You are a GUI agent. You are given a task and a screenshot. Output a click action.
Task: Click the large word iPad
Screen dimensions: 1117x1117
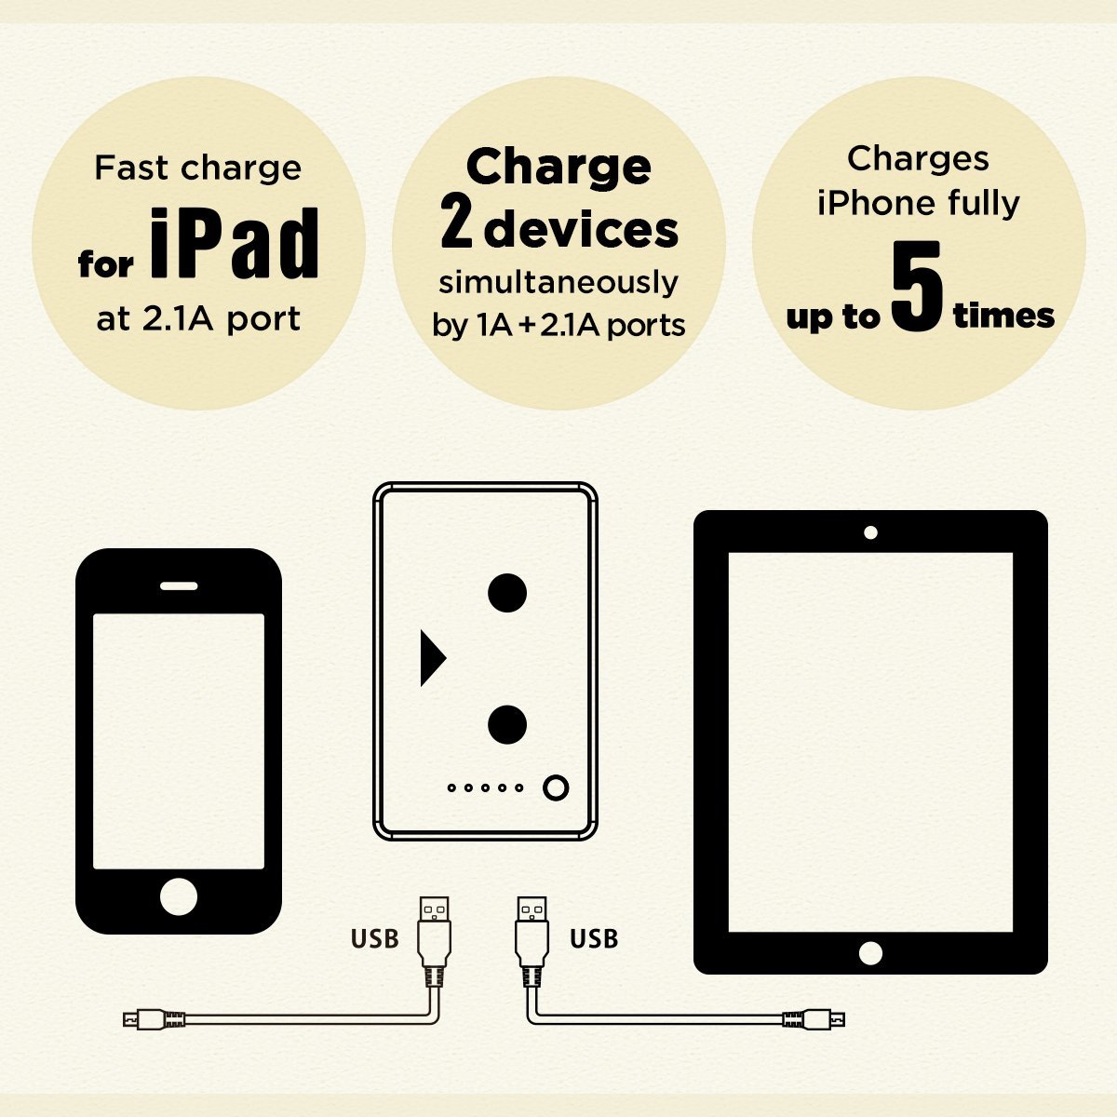coord(235,243)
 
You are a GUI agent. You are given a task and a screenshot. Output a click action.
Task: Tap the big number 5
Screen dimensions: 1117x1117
coord(917,286)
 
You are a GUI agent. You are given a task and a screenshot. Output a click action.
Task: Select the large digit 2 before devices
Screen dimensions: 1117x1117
coord(456,221)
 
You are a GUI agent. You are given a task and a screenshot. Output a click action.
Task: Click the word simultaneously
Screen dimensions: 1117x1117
coord(558,283)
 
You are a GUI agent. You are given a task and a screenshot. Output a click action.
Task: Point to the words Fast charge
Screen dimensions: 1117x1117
coord(197,168)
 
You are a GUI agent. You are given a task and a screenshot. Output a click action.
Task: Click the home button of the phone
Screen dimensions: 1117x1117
coord(179,896)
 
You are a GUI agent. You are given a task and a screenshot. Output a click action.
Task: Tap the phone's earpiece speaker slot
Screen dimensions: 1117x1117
coord(179,586)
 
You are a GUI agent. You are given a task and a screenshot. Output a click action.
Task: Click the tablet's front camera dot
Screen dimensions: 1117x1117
coord(870,532)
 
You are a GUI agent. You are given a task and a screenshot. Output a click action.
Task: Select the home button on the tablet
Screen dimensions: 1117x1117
coord(870,953)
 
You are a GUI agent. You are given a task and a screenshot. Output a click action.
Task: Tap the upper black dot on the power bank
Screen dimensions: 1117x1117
coord(507,592)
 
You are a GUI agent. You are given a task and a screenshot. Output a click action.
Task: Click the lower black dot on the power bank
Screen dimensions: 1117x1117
coord(507,724)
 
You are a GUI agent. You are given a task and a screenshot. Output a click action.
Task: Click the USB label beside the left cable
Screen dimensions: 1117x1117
coord(374,939)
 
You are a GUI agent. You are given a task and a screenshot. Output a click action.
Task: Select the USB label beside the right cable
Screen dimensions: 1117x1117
coord(594,939)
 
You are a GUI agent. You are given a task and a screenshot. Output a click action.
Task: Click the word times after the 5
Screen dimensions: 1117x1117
coord(1003,316)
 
